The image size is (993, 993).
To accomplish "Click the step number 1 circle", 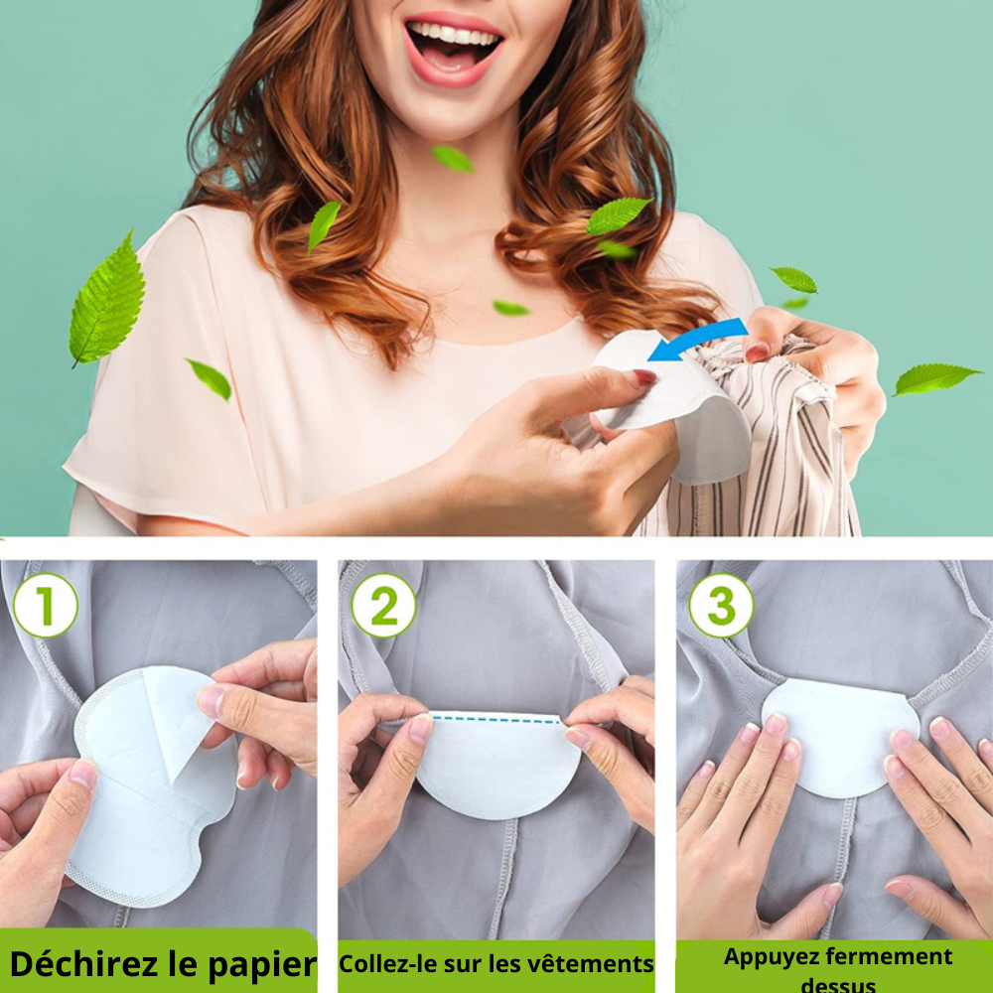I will [x=45, y=605].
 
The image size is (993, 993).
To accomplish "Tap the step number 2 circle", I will [x=383, y=605].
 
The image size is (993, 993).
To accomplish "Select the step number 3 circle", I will [x=721, y=605].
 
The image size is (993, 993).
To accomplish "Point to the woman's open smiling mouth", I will [x=454, y=45].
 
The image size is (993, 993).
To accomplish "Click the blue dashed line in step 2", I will [x=496, y=717].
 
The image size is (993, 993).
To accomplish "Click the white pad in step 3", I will [x=839, y=735].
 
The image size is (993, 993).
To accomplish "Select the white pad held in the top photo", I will [x=685, y=407].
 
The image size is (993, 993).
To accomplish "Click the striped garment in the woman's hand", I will [x=784, y=447].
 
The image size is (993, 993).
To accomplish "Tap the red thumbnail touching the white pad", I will [x=643, y=377].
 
